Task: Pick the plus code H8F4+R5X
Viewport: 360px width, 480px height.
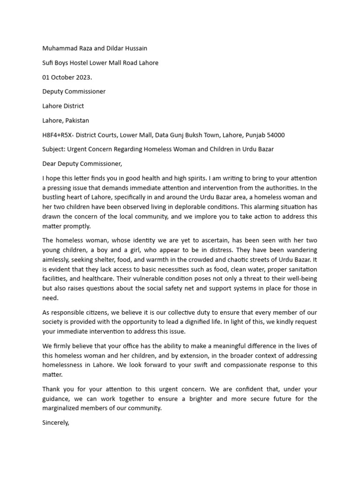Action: (x=58, y=135)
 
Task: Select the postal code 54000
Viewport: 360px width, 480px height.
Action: (x=276, y=135)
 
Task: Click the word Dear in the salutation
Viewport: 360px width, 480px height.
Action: (x=50, y=164)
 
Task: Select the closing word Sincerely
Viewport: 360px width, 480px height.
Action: (x=56, y=422)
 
